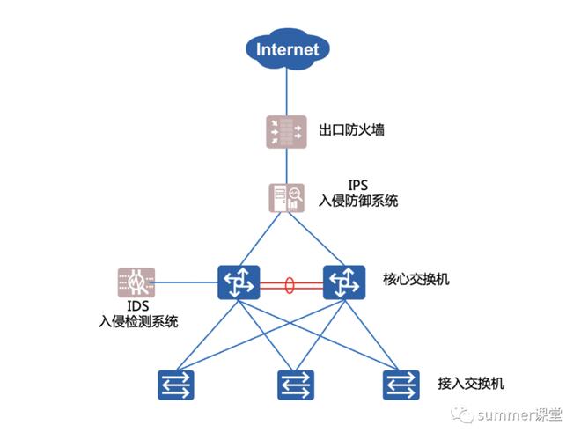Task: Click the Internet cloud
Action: (x=288, y=49)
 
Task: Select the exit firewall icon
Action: (x=286, y=132)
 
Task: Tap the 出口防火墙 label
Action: (x=351, y=130)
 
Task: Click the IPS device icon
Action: (x=286, y=198)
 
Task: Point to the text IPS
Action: (x=357, y=185)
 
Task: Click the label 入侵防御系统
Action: (x=358, y=201)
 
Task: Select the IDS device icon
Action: (x=136, y=282)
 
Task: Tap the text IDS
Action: (x=138, y=306)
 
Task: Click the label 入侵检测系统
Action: (x=138, y=321)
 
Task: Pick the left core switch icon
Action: (x=239, y=282)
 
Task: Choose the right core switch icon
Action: (x=344, y=282)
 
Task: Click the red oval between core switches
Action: (x=290, y=285)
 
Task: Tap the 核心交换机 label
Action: (x=416, y=279)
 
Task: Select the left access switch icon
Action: (x=176, y=385)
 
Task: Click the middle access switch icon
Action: (x=296, y=385)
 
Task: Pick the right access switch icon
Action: (x=401, y=385)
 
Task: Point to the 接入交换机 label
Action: (x=471, y=384)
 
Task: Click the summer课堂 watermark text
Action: (x=519, y=414)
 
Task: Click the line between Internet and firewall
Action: (x=286, y=92)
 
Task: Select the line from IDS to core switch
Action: (x=186, y=282)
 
